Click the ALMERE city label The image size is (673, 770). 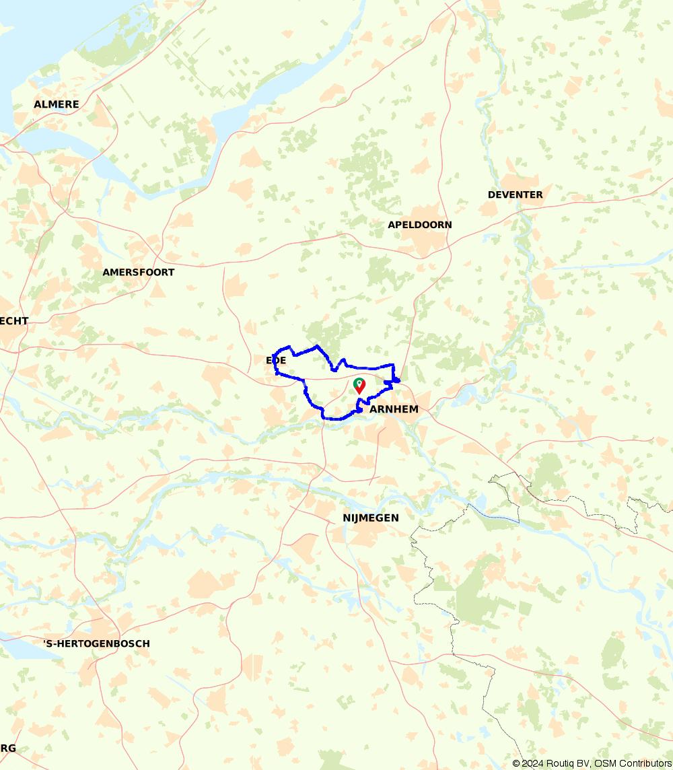57,104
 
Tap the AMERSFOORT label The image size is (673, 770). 138,273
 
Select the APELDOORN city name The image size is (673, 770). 420,225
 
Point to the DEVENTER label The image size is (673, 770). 515,195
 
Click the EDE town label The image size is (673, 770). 276,361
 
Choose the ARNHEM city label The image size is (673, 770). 394,409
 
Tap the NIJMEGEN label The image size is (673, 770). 371,518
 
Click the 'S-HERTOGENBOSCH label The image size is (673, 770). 96,643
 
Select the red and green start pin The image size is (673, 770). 360,386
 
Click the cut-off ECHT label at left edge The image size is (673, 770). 14,321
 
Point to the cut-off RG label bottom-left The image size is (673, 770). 8,748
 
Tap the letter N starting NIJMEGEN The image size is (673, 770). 347,518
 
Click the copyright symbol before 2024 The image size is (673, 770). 516,763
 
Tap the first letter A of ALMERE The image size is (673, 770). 38,104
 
